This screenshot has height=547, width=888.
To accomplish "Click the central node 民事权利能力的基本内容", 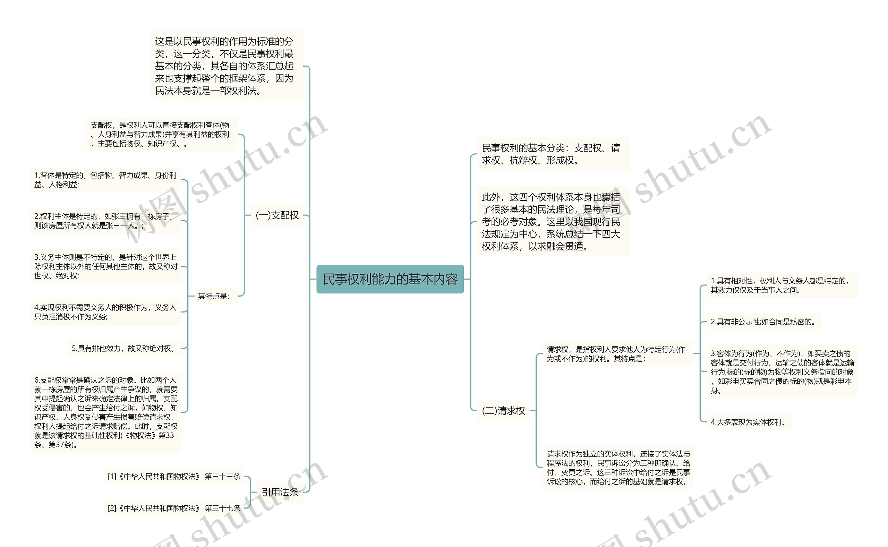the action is [x=390, y=279].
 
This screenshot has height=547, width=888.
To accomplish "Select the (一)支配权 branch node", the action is [x=277, y=215].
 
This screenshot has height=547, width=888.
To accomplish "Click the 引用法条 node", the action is [x=280, y=492].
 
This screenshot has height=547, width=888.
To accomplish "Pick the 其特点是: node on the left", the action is [x=214, y=296].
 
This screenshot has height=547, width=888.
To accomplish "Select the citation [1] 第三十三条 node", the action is [x=174, y=477].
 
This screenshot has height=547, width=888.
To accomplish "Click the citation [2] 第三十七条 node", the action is [x=174, y=508].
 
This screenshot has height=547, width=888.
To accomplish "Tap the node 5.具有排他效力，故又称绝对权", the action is [x=124, y=348].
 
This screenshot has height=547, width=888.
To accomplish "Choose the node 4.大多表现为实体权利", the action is [x=748, y=422].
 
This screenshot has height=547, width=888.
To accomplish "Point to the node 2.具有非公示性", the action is [x=763, y=322].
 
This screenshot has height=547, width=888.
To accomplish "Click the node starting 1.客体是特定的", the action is [x=105, y=180].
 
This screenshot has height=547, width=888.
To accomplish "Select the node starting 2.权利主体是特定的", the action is [x=105, y=221].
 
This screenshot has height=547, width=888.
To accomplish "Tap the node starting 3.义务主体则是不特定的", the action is [x=105, y=266].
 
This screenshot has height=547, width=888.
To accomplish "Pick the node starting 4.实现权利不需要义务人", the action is [x=105, y=312].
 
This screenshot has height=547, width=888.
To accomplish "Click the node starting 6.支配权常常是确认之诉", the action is [x=105, y=412].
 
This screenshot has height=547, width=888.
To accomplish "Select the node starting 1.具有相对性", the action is [x=781, y=285].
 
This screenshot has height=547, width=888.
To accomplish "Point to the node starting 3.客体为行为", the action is [x=781, y=371].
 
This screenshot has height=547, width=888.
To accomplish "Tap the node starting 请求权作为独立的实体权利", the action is [x=618, y=468].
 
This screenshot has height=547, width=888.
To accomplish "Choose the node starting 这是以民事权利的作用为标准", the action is [x=226, y=66].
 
